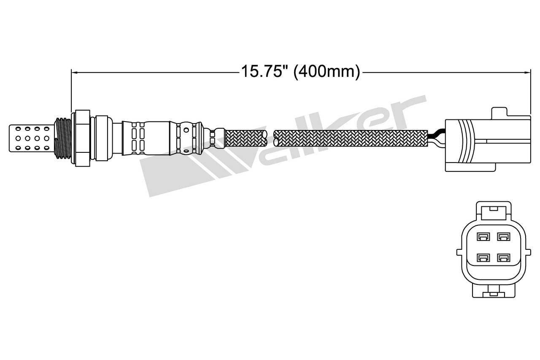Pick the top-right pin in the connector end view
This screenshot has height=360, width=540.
[x=502, y=237]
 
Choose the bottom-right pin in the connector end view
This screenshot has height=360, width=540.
[x=502, y=257]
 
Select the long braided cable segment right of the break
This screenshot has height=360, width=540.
[x=350, y=138]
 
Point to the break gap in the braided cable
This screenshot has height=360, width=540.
[x=270, y=138]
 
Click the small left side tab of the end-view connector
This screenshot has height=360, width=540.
[x=459, y=252]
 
